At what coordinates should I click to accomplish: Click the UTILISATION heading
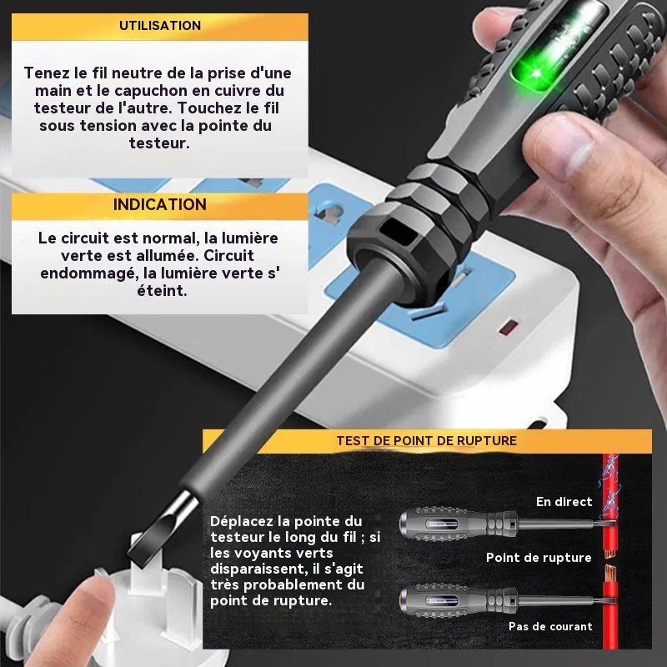click(160, 26)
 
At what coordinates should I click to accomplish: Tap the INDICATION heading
click(160, 204)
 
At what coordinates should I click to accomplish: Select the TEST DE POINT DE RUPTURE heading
click(427, 441)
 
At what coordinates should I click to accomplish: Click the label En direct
click(564, 502)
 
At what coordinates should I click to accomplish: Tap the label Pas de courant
click(550, 626)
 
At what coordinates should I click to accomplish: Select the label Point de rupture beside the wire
click(539, 558)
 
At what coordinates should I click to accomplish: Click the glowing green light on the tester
click(537, 73)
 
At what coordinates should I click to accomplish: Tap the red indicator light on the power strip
click(509, 328)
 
